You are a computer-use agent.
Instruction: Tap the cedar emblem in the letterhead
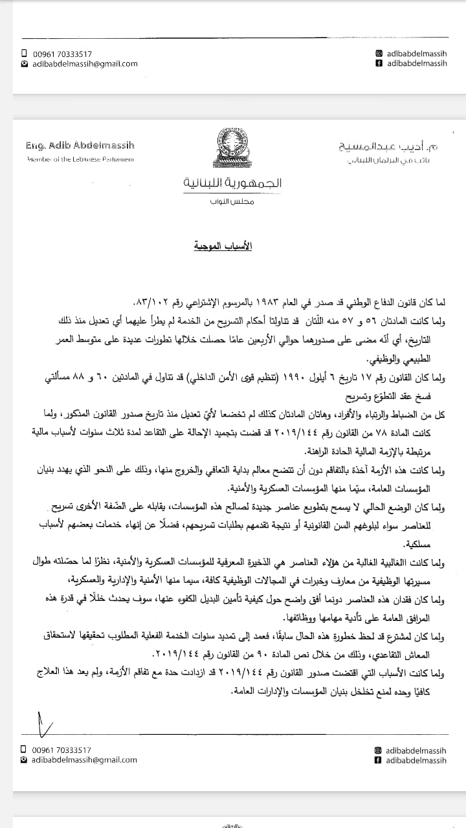point(233,147)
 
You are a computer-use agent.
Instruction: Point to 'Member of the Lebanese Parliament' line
point(80,159)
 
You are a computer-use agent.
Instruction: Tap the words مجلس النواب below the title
point(233,202)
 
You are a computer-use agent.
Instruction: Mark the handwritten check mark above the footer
point(43,724)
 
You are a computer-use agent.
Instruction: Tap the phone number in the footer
point(61,750)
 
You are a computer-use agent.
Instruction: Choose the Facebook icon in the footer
point(378,760)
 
